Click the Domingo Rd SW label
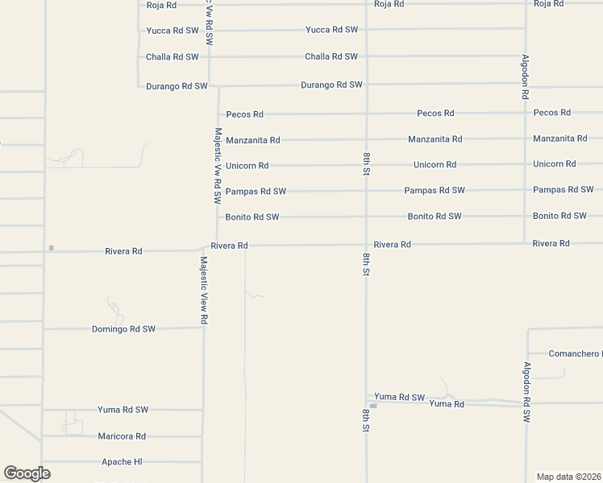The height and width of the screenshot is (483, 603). pos(123,329)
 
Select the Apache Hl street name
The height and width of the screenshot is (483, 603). pos(122,462)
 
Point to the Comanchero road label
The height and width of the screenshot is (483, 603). pos(575,354)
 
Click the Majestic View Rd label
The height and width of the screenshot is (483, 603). pos(204,291)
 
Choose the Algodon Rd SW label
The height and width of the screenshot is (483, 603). pos(526,393)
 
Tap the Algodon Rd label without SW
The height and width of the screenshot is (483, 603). pos(525,76)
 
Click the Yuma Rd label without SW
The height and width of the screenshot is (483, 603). pos(447,404)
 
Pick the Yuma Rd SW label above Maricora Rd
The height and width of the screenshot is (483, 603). pos(123,410)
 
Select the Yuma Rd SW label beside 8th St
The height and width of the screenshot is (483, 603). pos(400,398)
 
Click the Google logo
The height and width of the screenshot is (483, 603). pos(27,473)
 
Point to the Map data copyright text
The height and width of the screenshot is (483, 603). pos(568,476)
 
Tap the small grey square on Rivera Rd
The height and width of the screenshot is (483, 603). pos(51,248)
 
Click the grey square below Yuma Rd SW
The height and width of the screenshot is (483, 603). pos(372,406)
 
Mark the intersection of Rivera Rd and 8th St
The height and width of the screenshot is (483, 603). pos(366,244)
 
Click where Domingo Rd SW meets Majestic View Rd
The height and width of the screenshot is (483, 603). pos(204,328)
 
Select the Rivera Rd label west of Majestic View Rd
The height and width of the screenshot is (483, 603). pos(123,251)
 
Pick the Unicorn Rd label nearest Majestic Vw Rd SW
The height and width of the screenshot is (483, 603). pos(247,166)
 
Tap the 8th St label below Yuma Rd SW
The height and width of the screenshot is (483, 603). pos(366,421)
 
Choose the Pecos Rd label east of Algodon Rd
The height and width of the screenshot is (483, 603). pos(552,113)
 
